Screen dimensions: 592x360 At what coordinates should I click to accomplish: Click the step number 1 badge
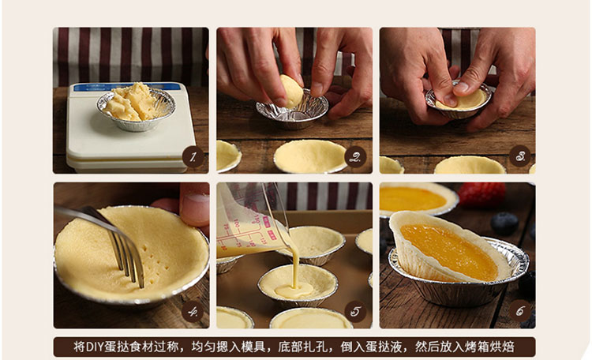(x=193, y=157)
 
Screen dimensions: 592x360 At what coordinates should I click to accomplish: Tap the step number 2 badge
(x=355, y=157)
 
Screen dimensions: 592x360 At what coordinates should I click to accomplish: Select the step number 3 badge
(x=519, y=156)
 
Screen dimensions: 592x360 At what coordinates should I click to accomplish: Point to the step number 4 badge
(x=193, y=312)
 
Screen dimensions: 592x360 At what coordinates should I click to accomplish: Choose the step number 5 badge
(x=355, y=311)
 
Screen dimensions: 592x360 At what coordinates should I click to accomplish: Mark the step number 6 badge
(x=519, y=311)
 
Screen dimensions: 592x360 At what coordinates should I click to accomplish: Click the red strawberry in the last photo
(x=481, y=193)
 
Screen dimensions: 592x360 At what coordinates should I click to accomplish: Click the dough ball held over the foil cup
(x=291, y=91)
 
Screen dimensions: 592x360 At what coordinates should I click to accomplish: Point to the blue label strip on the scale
(x=127, y=88)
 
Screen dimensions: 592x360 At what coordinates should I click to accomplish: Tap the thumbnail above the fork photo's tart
(x=194, y=205)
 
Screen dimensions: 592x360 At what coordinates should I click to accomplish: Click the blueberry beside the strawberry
(x=505, y=223)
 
